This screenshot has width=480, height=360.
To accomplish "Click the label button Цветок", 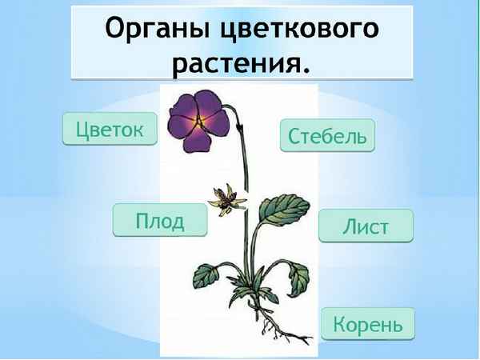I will point(110,129).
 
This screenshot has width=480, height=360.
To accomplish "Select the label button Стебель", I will point(327,135).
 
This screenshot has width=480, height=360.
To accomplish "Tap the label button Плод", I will point(160,220).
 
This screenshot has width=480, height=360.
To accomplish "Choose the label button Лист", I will point(366,226).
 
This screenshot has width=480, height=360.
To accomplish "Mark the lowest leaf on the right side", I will point(298,276).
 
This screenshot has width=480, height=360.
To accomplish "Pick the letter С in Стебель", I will point(294,135).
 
